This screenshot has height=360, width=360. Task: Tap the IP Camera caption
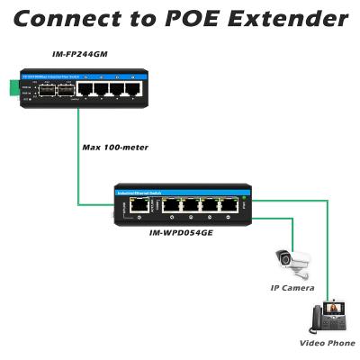coord(292,287)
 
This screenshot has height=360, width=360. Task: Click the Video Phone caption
coord(327,343)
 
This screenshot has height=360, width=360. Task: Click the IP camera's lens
coord(287,260)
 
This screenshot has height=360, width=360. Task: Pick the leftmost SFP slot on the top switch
coord(43,90)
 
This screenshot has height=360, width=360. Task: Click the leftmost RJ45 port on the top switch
coord(84,90)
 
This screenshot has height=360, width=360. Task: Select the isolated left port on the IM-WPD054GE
coord(139,205)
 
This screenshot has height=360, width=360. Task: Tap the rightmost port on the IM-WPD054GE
coord(230,205)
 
